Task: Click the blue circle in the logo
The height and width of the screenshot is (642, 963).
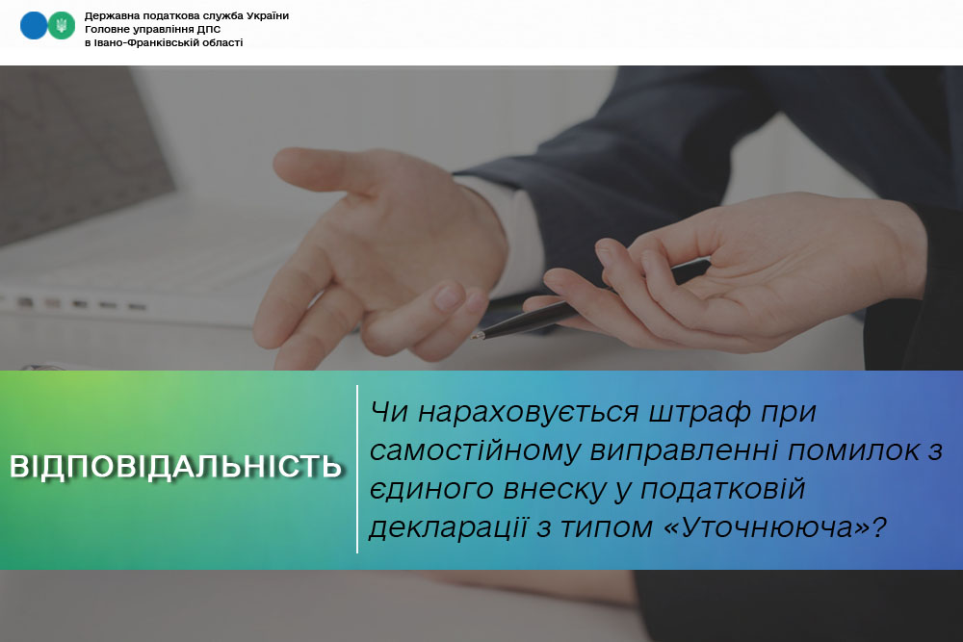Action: click(x=33, y=26)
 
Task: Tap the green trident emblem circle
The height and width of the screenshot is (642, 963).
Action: click(x=62, y=26)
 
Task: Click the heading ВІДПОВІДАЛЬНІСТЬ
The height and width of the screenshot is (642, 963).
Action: click(x=175, y=467)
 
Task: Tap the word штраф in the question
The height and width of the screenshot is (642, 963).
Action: click(x=699, y=413)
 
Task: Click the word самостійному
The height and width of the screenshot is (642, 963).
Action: click(x=475, y=451)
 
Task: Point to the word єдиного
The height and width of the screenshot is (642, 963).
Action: click(x=431, y=490)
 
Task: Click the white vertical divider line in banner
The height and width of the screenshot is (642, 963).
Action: click(x=357, y=470)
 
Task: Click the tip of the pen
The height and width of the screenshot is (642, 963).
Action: click(x=474, y=337)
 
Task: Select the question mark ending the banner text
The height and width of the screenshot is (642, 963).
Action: click(x=879, y=526)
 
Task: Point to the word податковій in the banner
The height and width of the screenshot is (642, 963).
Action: click(x=722, y=490)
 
